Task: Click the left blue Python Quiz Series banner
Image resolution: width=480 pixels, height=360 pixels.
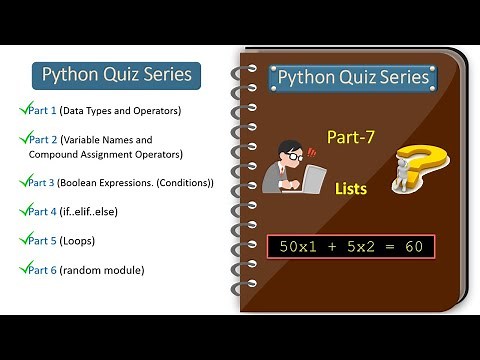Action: point(112,75)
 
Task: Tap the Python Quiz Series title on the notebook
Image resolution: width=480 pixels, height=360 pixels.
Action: point(353,77)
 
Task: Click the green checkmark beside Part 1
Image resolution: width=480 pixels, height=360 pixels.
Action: point(22,108)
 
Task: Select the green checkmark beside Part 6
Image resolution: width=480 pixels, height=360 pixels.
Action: point(22,268)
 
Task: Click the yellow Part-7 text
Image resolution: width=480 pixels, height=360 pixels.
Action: point(350,138)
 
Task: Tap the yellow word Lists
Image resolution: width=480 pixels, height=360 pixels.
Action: point(351,188)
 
